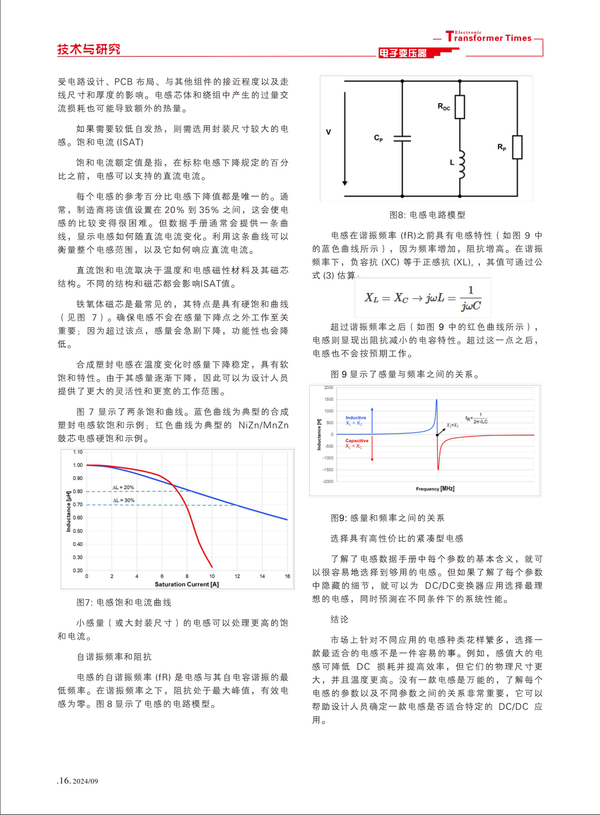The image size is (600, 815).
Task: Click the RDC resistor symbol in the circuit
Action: point(460,107)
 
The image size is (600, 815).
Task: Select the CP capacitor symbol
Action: point(402,139)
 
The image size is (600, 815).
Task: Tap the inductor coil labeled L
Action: point(461,165)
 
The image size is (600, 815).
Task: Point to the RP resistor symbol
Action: point(517,147)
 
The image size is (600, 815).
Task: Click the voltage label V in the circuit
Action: point(329,132)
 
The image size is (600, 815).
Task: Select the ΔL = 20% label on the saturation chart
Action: point(123,487)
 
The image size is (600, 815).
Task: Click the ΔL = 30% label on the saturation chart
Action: point(124,500)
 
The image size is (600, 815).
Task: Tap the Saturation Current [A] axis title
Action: point(187,585)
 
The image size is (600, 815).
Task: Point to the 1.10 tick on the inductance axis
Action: point(78,452)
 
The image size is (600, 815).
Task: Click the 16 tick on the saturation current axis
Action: point(287,576)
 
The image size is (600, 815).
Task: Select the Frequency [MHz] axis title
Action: point(435,489)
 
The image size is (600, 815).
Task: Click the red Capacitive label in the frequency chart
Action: point(357,441)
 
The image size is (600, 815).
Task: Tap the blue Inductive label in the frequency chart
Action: point(356,417)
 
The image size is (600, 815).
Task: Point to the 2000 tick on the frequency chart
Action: point(329,388)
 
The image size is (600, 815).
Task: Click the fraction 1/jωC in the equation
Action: point(471,298)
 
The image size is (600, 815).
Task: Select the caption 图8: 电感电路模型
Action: point(427,215)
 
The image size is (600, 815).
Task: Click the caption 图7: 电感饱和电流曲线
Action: point(124,603)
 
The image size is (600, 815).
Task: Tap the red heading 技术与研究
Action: point(89,49)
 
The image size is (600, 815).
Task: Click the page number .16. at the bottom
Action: point(64,781)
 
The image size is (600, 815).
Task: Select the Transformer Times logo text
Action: point(489,37)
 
